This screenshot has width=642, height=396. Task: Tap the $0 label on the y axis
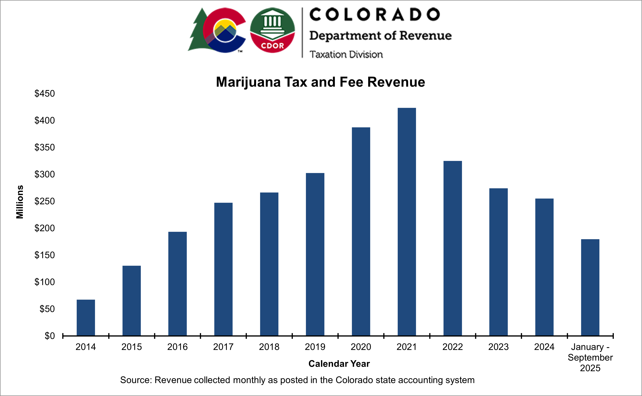click(50, 336)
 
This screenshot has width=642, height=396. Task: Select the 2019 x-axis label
click(315, 347)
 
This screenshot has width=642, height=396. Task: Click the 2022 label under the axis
click(452, 347)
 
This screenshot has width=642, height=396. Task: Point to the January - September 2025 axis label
click(590, 358)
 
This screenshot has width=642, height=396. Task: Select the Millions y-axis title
click(20, 202)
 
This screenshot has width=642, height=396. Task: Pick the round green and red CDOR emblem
click(272, 30)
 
